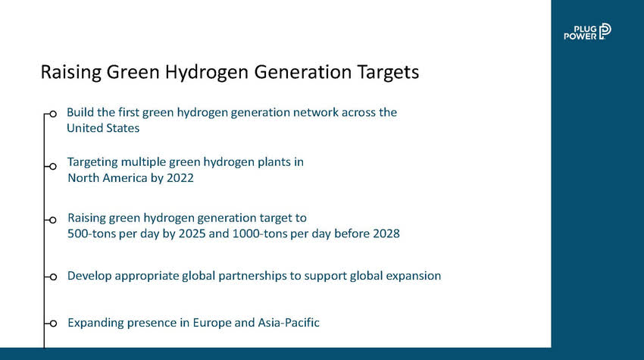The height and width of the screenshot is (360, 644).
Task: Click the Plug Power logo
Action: [x=587, y=32]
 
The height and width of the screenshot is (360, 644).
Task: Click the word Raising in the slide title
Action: [x=70, y=72]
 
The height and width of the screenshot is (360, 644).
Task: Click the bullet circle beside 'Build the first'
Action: [x=52, y=114]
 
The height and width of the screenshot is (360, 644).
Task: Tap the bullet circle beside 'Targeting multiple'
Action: [x=52, y=167]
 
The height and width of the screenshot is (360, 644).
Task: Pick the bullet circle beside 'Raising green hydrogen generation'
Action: [x=52, y=221]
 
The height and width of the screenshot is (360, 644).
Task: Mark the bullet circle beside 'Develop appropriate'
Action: [x=52, y=277]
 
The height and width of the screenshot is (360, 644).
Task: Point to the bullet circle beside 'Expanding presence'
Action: [x=52, y=324]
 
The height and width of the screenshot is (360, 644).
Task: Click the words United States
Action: [x=103, y=128]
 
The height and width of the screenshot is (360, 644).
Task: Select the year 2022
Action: [x=180, y=178]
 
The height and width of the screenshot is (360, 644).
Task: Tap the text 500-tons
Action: [x=92, y=234]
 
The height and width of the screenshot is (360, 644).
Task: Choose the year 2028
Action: [x=386, y=234]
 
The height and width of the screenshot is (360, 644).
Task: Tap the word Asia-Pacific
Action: [x=289, y=323]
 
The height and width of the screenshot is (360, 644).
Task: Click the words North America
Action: [x=108, y=178]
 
